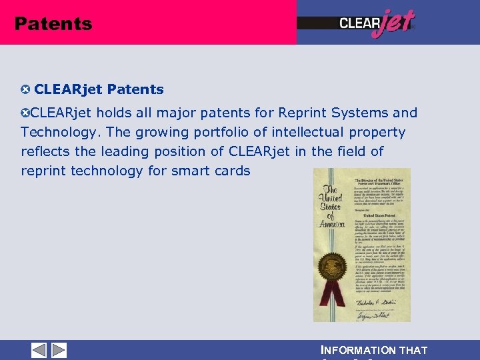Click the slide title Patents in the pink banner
coord(53,24)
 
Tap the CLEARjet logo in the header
coord(377,23)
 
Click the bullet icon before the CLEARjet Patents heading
coord(25,89)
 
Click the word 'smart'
coord(188,171)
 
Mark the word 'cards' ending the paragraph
coord(232,171)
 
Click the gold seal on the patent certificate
coord(331,269)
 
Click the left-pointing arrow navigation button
coord(39,350)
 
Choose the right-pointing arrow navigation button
coord(59,350)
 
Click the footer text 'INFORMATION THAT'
coord(374,351)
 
